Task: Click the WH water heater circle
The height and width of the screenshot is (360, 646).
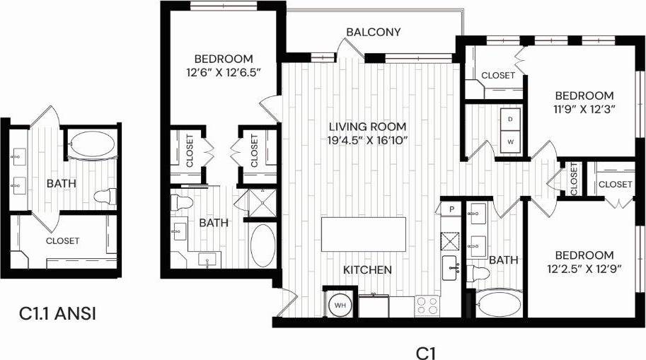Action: click(340, 305)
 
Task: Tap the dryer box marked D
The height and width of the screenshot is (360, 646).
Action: click(511, 119)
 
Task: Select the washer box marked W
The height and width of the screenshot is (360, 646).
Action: click(511, 141)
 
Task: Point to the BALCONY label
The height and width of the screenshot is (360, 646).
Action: click(374, 32)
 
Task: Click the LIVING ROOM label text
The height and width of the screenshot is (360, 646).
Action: click(367, 127)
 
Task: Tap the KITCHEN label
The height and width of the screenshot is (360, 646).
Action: click(367, 269)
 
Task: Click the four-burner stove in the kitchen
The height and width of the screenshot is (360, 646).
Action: click(427, 306)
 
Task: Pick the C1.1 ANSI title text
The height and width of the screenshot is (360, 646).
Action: click(57, 313)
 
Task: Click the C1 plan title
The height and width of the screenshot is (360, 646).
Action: click(424, 352)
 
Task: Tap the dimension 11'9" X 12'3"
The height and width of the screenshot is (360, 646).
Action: click(584, 109)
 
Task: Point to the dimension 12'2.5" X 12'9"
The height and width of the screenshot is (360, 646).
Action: click(584, 269)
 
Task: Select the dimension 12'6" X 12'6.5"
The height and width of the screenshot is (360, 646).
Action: click(224, 72)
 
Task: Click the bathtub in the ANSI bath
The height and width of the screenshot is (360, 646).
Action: click(91, 146)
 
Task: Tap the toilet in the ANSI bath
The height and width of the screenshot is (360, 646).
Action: click(106, 196)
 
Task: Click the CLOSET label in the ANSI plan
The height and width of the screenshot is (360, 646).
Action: click(63, 240)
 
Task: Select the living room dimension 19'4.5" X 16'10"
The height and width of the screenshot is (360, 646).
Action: click(367, 140)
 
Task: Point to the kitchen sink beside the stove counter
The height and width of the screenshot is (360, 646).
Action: click(450, 267)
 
